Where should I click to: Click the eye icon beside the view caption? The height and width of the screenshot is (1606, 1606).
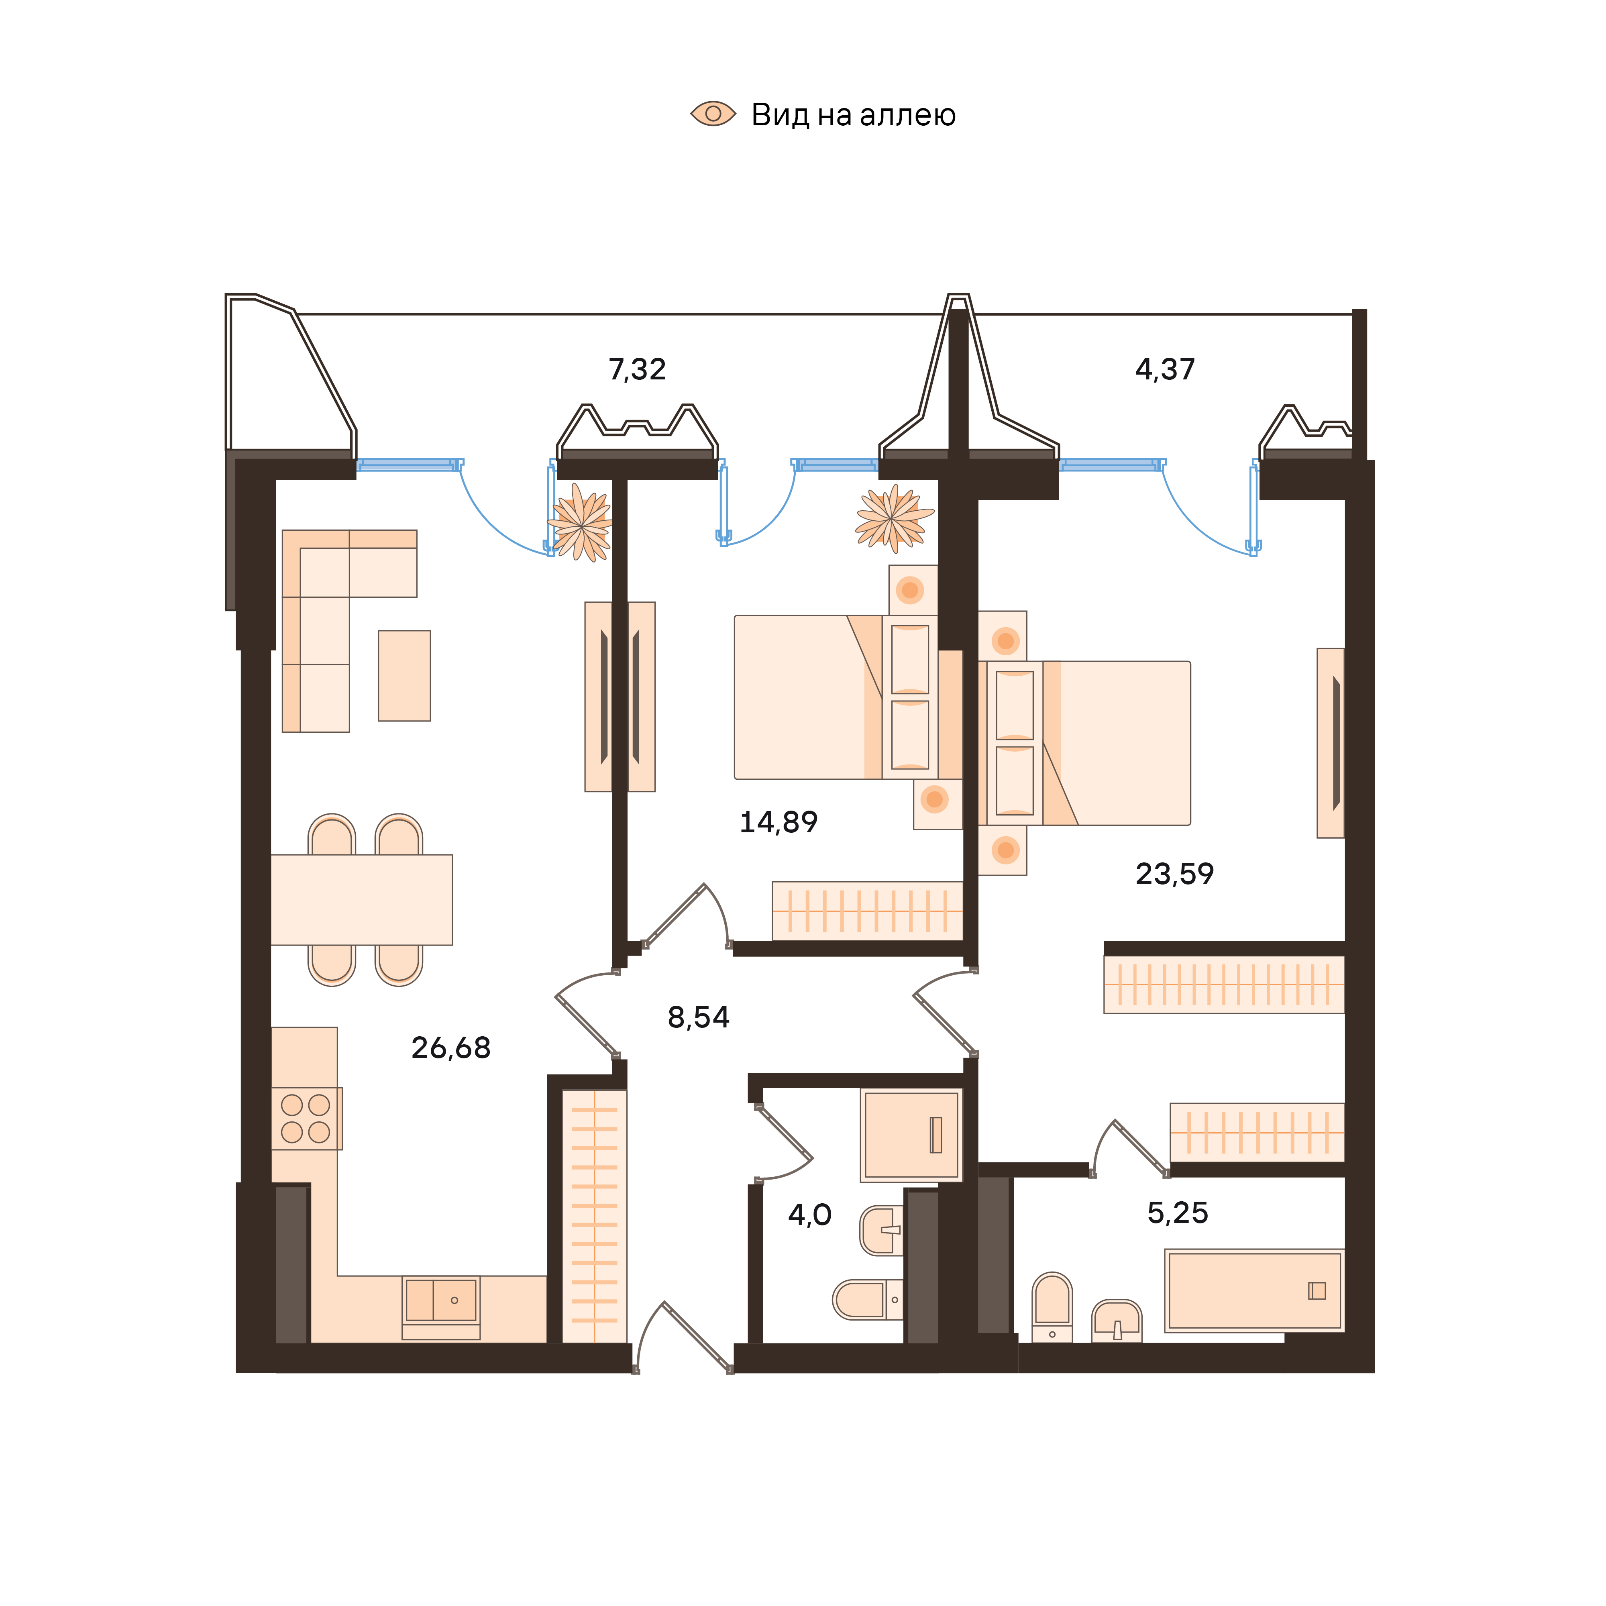(713, 114)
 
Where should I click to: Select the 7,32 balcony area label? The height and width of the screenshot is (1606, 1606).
(638, 369)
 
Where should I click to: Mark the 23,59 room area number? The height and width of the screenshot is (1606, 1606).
(1174, 874)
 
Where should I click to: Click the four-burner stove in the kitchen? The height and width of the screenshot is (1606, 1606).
(306, 1118)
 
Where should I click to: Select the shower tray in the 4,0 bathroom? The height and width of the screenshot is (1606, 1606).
(911, 1135)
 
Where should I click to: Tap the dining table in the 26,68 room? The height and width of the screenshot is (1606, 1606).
(362, 899)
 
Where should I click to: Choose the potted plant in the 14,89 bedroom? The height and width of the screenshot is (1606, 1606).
(894, 520)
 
